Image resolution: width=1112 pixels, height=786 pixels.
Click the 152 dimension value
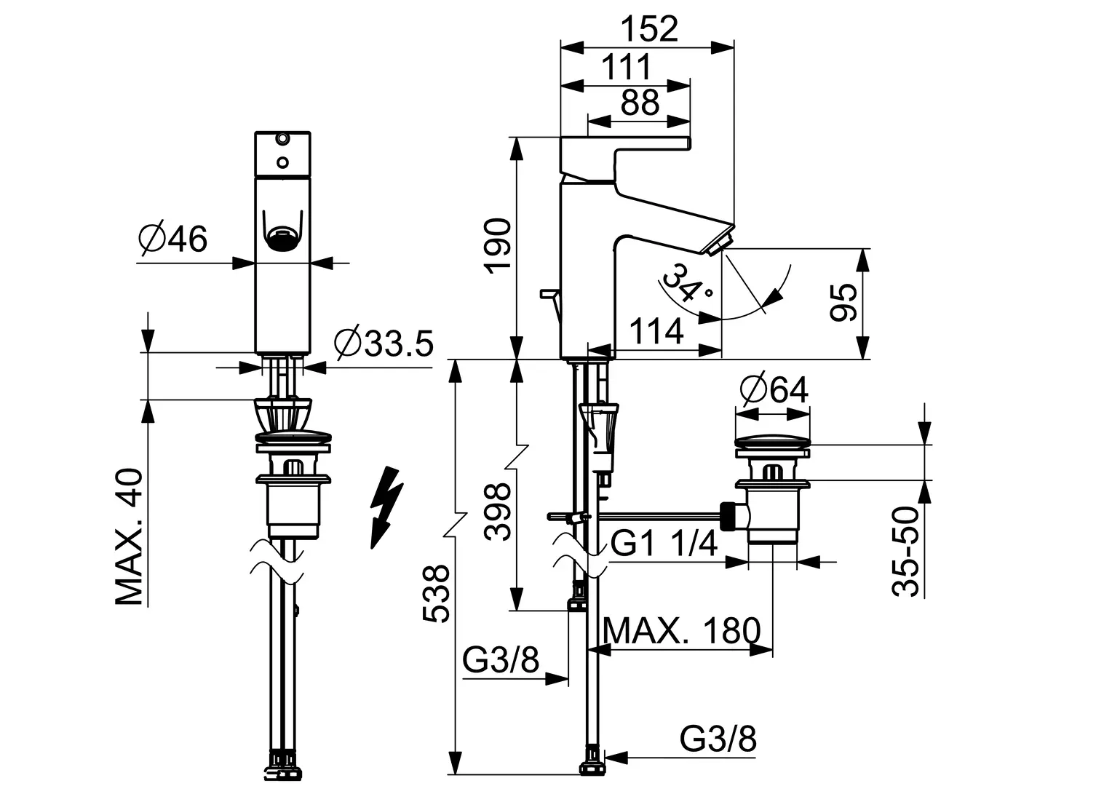(649, 29)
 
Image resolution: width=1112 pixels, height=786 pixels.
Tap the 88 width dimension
(640, 103)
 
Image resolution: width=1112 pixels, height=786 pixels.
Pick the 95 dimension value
(843, 302)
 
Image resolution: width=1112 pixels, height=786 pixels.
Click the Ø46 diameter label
(172, 239)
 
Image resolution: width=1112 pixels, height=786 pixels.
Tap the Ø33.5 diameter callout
(384, 343)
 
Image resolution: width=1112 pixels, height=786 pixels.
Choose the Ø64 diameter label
(774, 390)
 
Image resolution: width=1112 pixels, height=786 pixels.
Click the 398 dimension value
(498, 512)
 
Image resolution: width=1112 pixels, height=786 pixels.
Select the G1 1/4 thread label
(664, 543)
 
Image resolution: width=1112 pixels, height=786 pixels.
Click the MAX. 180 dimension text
(682, 630)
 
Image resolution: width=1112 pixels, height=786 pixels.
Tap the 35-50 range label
(905, 551)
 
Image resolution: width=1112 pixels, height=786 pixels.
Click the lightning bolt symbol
(386, 507)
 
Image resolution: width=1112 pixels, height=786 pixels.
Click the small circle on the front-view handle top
(283, 162)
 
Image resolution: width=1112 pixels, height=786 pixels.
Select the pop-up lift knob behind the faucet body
(550, 293)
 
